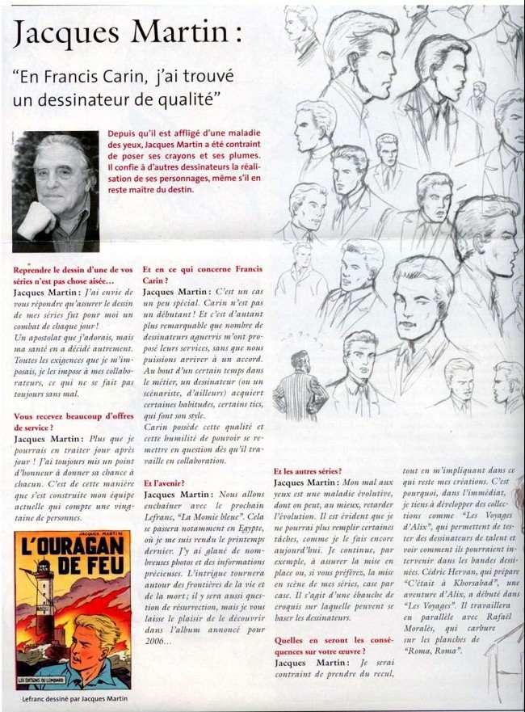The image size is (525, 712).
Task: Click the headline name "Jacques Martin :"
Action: (x=128, y=33)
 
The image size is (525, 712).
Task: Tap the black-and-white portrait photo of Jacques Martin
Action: (x=56, y=192)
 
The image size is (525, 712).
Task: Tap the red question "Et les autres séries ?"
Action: (x=307, y=471)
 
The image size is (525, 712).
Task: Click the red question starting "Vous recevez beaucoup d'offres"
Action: (x=72, y=422)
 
